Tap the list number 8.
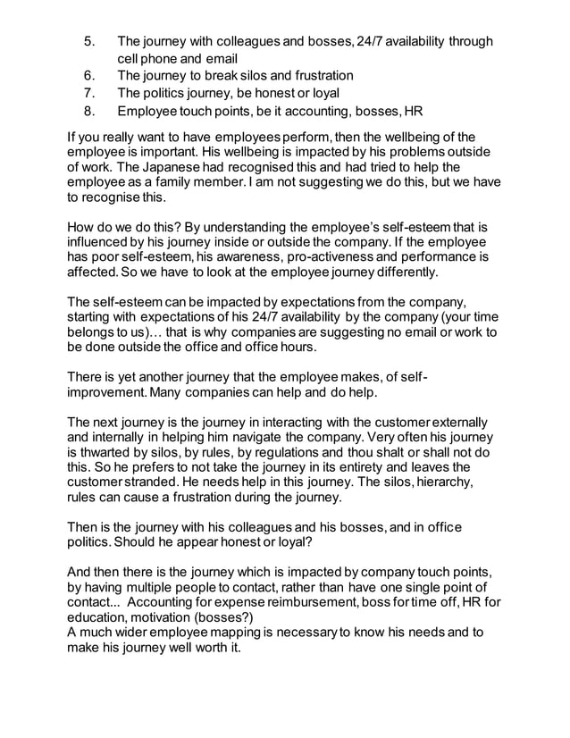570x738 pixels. tap(88, 111)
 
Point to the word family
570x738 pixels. tap(179, 185)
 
